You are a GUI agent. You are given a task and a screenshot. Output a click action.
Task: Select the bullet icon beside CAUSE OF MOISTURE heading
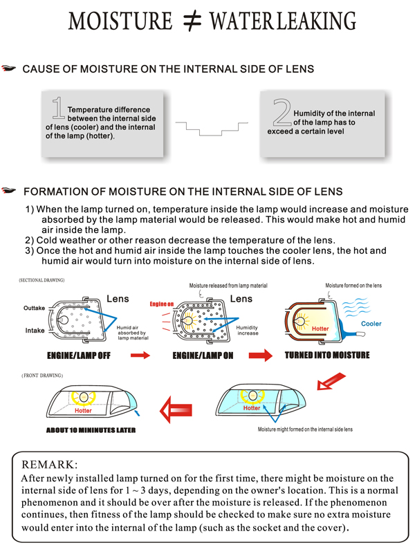tap(9, 69)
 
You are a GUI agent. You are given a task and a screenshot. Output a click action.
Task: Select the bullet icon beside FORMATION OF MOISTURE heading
tap(9, 191)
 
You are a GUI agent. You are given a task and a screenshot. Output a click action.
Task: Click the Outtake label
tap(35, 308)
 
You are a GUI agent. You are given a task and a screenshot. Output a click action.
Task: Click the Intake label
tap(35, 331)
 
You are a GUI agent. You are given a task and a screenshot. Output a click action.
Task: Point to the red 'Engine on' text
tap(161, 304)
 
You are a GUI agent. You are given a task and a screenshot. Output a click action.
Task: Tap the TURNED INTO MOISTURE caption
tap(327, 356)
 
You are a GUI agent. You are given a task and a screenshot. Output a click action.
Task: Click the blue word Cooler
tap(371, 324)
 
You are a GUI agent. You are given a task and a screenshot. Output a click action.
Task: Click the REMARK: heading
tap(50, 463)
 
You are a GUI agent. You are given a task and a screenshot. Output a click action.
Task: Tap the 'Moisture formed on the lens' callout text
tap(353, 285)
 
